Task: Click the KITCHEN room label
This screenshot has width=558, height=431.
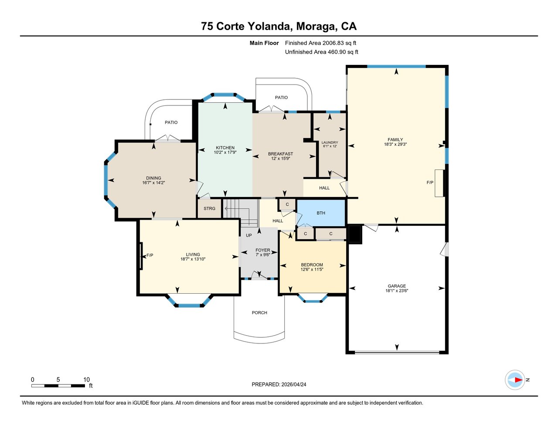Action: click(x=225, y=148)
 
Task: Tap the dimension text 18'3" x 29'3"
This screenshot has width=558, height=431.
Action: click(x=395, y=144)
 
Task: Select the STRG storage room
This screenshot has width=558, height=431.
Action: click(x=209, y=208)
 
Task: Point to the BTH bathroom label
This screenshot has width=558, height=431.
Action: click(x=321, y=213)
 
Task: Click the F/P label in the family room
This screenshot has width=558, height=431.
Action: click(x=430, y=183)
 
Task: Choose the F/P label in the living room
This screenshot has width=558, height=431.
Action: click(x=150, y=255)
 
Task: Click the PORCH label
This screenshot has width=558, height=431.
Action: click(x=259, y=312)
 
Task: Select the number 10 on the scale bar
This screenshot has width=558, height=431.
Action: click(x=87, y=380)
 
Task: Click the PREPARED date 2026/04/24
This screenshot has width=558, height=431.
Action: click(x=294, y=384)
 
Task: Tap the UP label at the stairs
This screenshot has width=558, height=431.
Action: click(x=248, y=235)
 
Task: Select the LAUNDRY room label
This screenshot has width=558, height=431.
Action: click(x=330, y=143)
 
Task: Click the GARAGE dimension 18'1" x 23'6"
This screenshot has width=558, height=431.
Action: click(x=397, y=291)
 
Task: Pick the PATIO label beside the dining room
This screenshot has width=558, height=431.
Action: click(x=171, y=122)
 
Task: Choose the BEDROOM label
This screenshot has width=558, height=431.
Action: click(x=312, y=265)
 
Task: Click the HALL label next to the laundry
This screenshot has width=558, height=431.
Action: click(x=324, y=188)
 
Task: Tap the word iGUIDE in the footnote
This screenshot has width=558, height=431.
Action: click(x=141, y=403)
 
